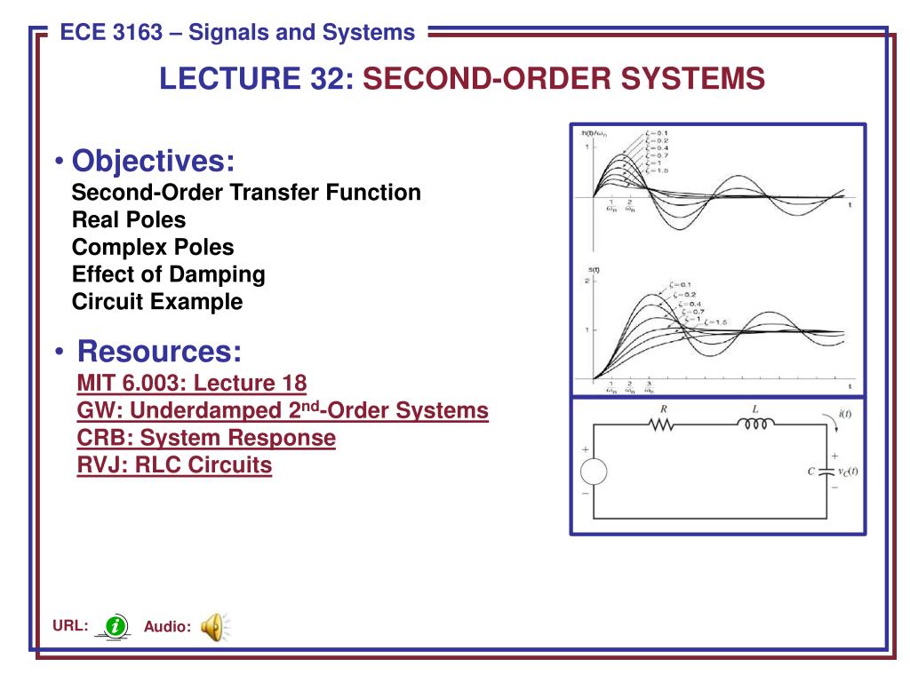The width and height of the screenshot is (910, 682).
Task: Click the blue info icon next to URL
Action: click(x=115, y=626)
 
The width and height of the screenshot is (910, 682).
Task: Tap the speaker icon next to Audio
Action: click(x=213, y=627)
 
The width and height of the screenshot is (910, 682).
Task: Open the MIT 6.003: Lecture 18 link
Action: click(x=191, y=384)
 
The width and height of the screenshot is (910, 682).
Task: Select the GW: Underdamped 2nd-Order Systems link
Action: click(x=283, y=411)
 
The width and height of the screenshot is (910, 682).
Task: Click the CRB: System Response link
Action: click(x=206, y=438)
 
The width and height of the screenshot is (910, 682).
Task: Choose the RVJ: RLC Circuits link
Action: click(x=174, y=464)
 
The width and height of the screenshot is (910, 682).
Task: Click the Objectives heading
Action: click(x=153, y=162)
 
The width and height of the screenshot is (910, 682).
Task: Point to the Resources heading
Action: click(x=160, y=351)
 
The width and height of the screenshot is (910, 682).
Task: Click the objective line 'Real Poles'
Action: click(x=129, y=219)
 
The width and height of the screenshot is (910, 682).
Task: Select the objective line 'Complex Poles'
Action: click(x=153, y=247)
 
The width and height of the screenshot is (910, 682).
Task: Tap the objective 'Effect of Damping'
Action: click(x=169, y=274)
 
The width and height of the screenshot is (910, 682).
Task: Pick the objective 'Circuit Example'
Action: click(x=157, y=302)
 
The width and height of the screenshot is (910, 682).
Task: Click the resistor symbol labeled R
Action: click(x=663, y=425)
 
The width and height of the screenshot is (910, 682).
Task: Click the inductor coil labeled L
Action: click(x=754, y=425)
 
